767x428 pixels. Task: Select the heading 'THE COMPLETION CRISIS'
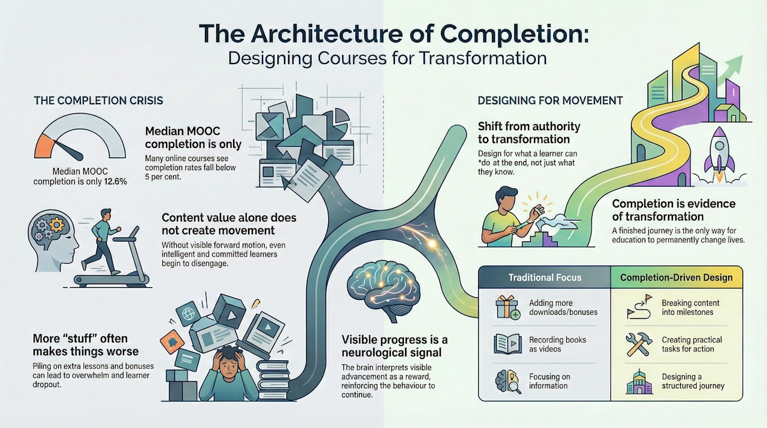click(x=98, y=100)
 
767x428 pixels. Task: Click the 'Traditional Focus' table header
click(x=545, y=278)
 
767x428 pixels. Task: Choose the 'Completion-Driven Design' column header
click(x=676, y=278)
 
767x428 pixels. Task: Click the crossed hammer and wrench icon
click(x=638, y=344)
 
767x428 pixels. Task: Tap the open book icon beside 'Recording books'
click(x=507, y=344)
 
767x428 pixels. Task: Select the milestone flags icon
click(x=638, y=308)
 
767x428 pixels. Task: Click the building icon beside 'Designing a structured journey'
click(x=638, y=381)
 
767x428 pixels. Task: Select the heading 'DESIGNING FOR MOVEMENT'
click(x=550, y=100)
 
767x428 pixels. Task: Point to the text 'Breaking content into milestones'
click(x=690, y=308)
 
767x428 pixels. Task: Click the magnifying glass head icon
click(x=507, y=381)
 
